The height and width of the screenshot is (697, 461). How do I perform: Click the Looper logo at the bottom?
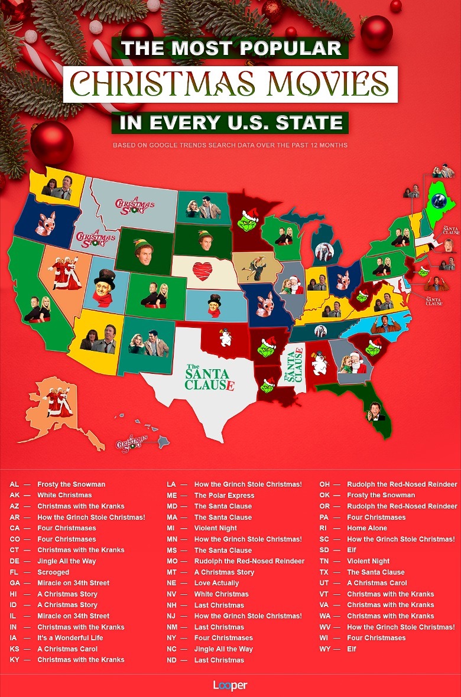pyautogui.click(x=230, y=685)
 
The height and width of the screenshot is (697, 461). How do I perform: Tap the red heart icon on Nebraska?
pyautogui.click(x=202, y=271)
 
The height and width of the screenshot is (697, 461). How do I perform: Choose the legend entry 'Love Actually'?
pyautogui.click(x=216, y=583)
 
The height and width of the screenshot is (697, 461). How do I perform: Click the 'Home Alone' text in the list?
pyautogui.click(x=367, y=528)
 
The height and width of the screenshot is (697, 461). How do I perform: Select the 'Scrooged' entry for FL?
pyautogui.click(x=53, y=572)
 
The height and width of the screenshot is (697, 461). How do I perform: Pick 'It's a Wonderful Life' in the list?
pyautogui.click(x=70, y=638)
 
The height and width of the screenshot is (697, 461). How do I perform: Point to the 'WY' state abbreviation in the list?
pyautogui.click(x=324, y=649)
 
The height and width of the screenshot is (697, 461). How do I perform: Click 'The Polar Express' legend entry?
pyautogui.click(x=224, y=495)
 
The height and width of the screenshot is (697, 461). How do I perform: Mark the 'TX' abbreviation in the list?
pyautogui.click(x=324, y=572)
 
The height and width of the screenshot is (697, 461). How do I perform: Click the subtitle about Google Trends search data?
pyautogui.click(x=230, y=145)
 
